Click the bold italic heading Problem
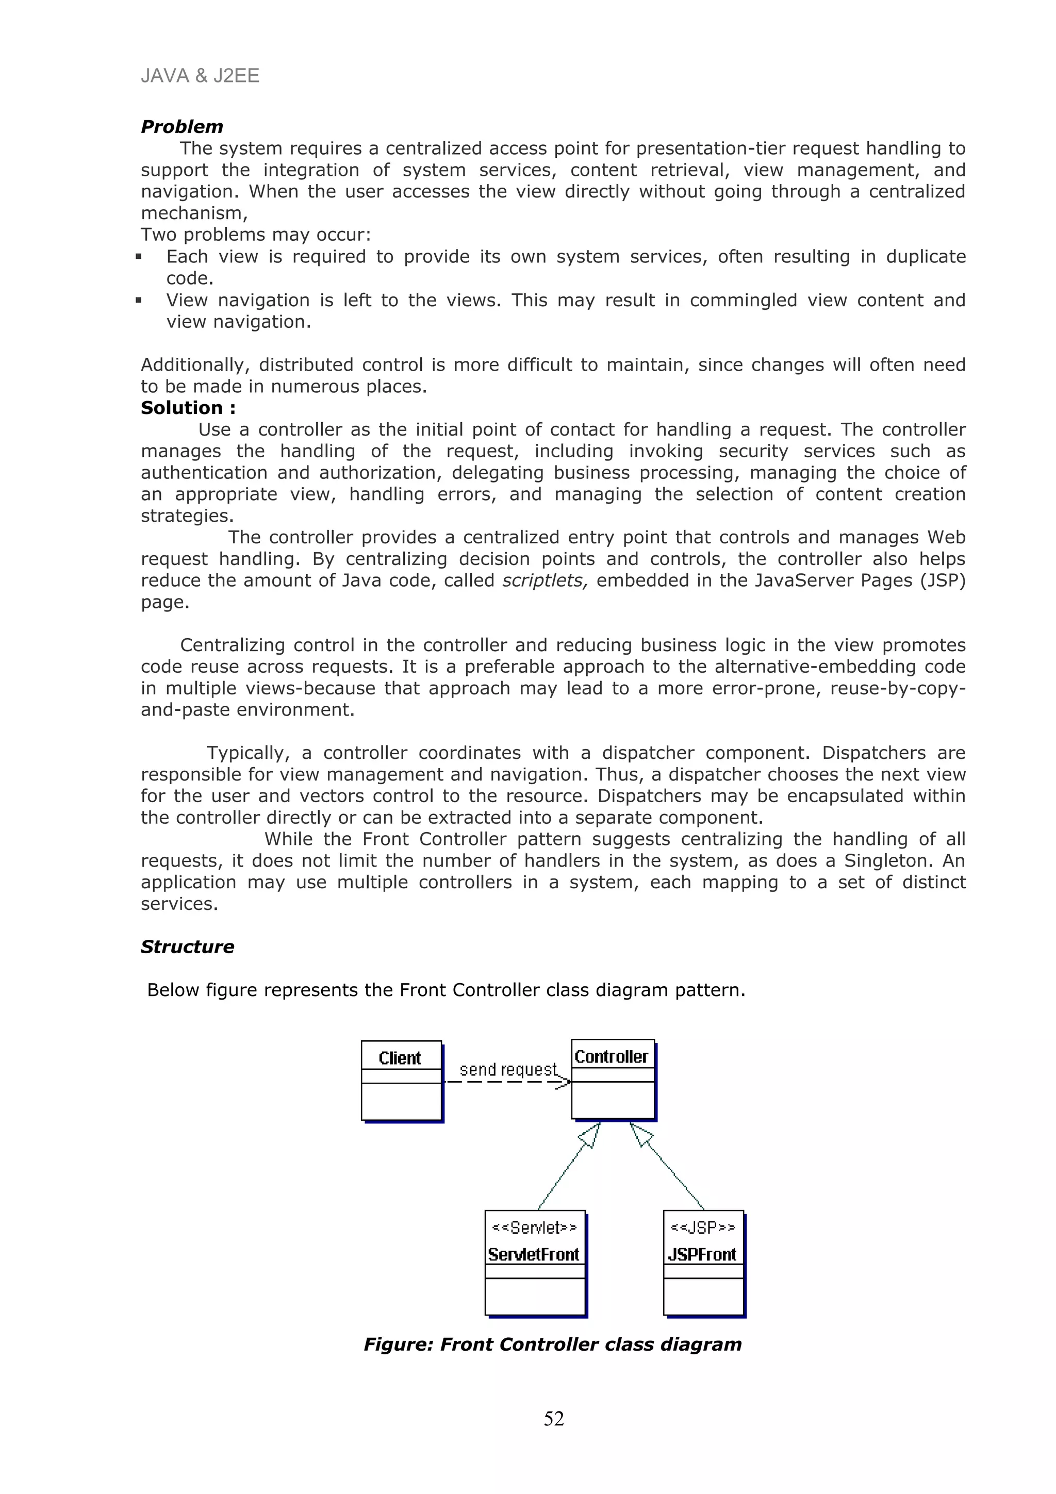point(181,126)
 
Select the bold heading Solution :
point(188,408)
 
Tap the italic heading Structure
point(187,946)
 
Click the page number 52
point(554,1419)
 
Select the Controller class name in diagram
point(611,1057)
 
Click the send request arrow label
point(508,1070)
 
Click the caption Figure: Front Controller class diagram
point(552,1344)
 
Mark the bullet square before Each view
point(139,257)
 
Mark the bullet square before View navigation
point(139,301)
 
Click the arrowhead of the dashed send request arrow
point(564,1082)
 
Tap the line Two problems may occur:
point(256,235)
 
